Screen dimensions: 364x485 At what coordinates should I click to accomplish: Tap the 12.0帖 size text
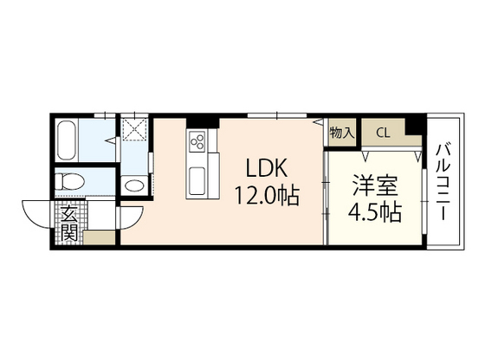tap(266, 196)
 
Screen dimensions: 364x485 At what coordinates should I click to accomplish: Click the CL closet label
tap(382, 133)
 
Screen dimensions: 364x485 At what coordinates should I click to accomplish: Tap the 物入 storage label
tap(341, 133)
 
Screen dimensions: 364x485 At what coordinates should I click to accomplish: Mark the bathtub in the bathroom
tap(67, 140)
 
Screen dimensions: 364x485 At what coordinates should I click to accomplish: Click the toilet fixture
tap(69, 183)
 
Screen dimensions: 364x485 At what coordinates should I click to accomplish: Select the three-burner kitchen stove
tap(197, 140)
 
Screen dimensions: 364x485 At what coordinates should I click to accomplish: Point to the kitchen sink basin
tap(197, 181)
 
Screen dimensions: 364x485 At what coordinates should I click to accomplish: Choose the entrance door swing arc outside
tap(37, 214)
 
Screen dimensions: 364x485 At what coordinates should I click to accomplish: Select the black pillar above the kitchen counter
tap(202, 120)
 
